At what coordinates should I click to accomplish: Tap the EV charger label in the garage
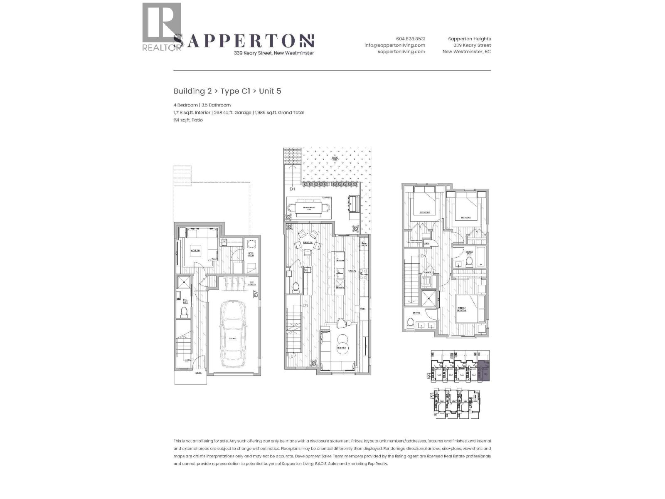coord(256,294)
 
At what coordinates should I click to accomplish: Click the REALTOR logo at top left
coord(162,27)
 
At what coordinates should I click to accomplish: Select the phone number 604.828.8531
coord(410,39)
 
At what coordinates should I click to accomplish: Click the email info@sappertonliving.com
coord(395,45)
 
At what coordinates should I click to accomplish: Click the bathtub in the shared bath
coord(481,257)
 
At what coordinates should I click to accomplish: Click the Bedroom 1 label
coord(424,212)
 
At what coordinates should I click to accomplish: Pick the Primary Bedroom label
coord(461,309)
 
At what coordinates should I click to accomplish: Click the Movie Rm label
coord(195,251)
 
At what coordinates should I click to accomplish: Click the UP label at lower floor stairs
coord(187,361)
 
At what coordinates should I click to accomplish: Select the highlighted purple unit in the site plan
coord(484,371)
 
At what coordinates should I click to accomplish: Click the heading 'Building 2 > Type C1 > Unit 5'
coord(227,91)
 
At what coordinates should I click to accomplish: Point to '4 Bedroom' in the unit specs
coord(185,105)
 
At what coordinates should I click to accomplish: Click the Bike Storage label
coord(251,284)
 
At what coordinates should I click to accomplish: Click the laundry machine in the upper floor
coord(426,281)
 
